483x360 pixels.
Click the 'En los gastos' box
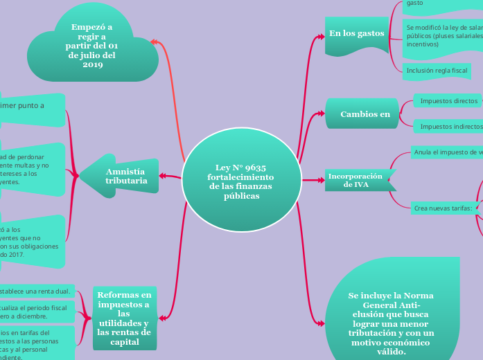tap(356, 34)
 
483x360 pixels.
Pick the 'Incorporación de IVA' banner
tap(357, 180)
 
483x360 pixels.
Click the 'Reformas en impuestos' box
tap(125, 318)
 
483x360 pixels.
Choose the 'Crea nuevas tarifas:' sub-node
tap(442, 208)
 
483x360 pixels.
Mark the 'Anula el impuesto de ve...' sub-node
tap(447, 152)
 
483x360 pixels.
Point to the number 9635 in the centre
tap(256, 168)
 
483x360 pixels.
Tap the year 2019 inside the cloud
tap(92, 65)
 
